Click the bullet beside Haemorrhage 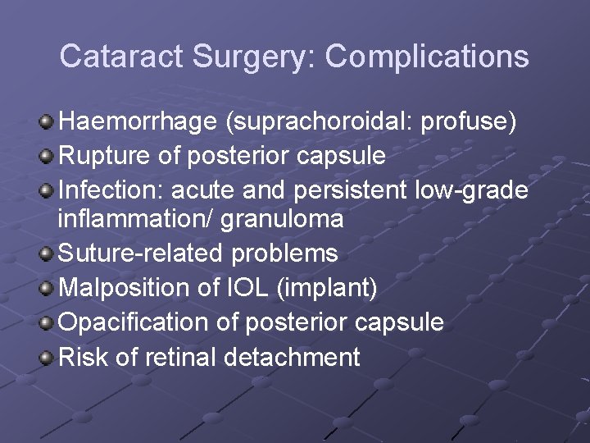point(48,122)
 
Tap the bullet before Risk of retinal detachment point(48,357)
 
